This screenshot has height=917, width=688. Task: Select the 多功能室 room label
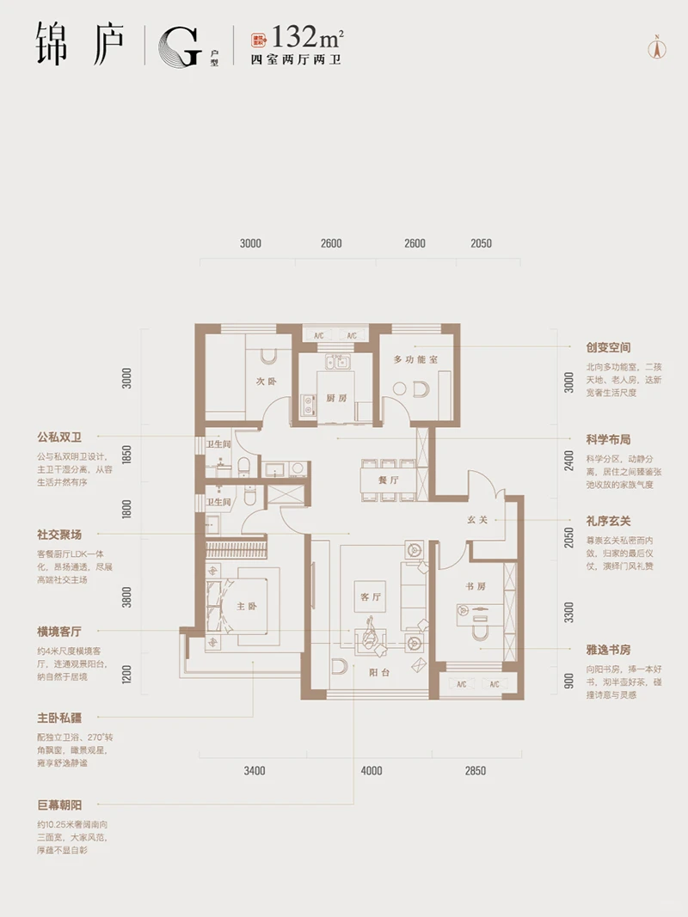[x=416, y=359]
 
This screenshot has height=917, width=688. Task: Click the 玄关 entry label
[x=478, y=519]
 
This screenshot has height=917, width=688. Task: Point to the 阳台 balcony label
[x=381, y=673]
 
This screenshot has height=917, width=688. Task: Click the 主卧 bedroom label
[x=248, y=606]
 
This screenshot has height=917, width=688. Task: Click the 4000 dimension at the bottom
[x=372, y=771]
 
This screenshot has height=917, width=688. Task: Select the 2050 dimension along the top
[x=481, y=243]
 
